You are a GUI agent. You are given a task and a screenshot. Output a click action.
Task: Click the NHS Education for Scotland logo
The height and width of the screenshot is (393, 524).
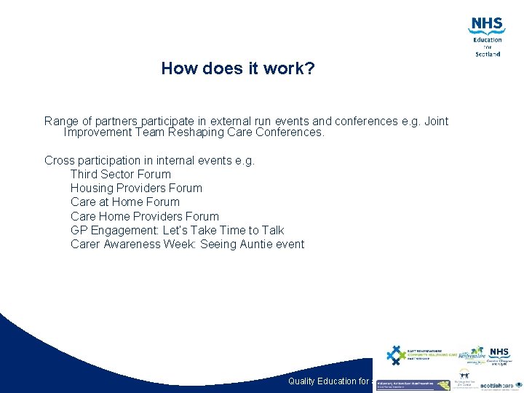pyautogui.click(x=487, y=36)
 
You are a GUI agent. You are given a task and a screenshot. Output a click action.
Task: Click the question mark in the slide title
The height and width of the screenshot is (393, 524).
pyautogui.click(x=311, y=69)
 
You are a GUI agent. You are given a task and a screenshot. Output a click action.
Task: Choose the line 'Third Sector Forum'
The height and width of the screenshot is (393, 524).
pyautogui.click(x=121, y=174)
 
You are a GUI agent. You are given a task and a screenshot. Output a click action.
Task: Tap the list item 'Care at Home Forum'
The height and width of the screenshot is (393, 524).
pyautogui.click(x=125, y=202)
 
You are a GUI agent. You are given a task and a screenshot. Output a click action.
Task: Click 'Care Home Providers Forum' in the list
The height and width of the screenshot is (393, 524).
pyautogui.click(x=145, y=216)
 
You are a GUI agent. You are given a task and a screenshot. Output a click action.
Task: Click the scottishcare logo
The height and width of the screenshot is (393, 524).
pyautogui.click(x=497, y=385)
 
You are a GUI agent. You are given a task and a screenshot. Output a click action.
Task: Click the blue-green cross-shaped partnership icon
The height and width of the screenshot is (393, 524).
pyautogui.click(x=396, y=355)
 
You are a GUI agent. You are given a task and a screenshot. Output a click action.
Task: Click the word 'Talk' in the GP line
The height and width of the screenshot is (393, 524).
pyautogui.click(x=272, y=230)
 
